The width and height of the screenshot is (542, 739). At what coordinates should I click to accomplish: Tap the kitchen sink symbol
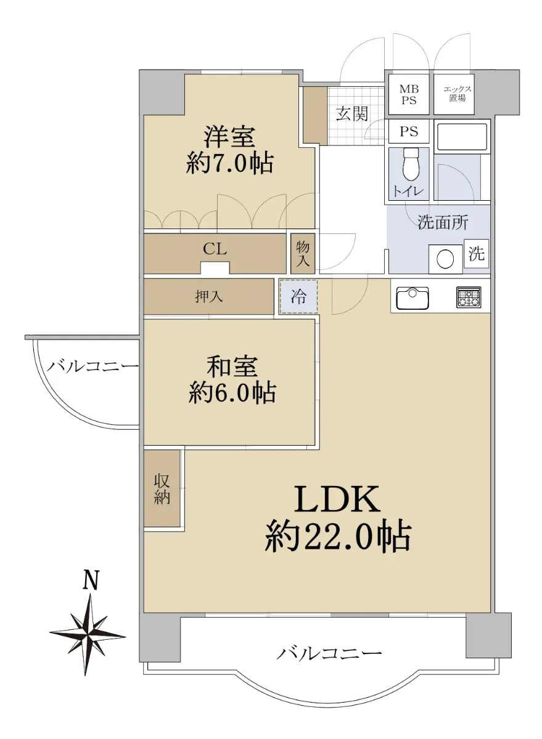pyautogui.click(x=412, y=298)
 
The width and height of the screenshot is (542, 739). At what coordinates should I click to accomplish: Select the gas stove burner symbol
pyautogui.click(x=469, y=297)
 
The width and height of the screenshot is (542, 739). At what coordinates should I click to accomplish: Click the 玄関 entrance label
pyautogui.click(x=352, y=114)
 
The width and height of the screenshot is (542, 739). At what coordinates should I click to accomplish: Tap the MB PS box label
pyautogui.click(x=409, y=94)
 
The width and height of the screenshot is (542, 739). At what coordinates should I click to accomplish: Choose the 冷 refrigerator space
pyautogui.click(x=298, y=296)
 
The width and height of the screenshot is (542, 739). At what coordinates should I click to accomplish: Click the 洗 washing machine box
pyautogui.click(x=476, y=254)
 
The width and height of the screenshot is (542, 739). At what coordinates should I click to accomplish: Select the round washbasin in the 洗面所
pyautogui.click(x=445, y=259)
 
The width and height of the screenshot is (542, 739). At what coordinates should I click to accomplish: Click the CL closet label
pyautogui.click(x=215, y=249)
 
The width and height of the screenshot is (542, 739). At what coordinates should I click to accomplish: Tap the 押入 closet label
pyautogui.click(x=209, y=297)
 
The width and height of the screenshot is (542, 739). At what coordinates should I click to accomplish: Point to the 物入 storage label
pyautogui.click(x=303, y=253)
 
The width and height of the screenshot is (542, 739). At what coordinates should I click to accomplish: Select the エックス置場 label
pyautogui.click(x=457, y=94)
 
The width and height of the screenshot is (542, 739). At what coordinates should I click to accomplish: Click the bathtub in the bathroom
pyautogui.click(x=462, y=137)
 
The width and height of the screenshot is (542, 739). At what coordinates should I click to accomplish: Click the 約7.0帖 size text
pyautogui.click(x=230, y=163)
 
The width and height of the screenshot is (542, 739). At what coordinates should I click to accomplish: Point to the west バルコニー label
pyautogui.click(x=92, y=366)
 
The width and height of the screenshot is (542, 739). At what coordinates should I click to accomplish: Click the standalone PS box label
pyautogui.click(x=409, y=132)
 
